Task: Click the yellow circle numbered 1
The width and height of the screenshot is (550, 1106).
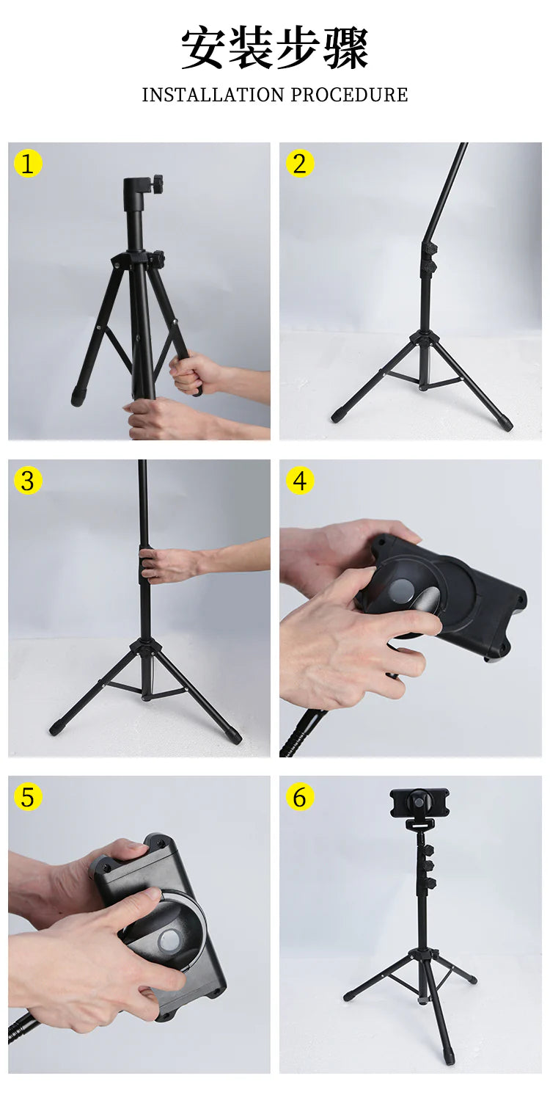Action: [x=28, y=164]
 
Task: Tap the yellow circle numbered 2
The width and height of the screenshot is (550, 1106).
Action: [x=300, y=164]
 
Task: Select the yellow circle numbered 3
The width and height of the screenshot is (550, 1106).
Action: [x=28, y=481]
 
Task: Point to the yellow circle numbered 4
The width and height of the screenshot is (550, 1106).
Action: [x=300, y=481]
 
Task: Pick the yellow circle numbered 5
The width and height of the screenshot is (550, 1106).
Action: [x=28, y=797]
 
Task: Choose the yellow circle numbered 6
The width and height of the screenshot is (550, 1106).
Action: [x=300, y=797]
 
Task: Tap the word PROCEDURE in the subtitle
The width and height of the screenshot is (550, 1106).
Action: [x=349, y=95]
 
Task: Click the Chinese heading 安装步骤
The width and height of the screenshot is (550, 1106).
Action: [x=275, y=48]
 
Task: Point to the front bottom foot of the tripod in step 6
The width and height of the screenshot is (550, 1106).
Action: [x=450, y=1055]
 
